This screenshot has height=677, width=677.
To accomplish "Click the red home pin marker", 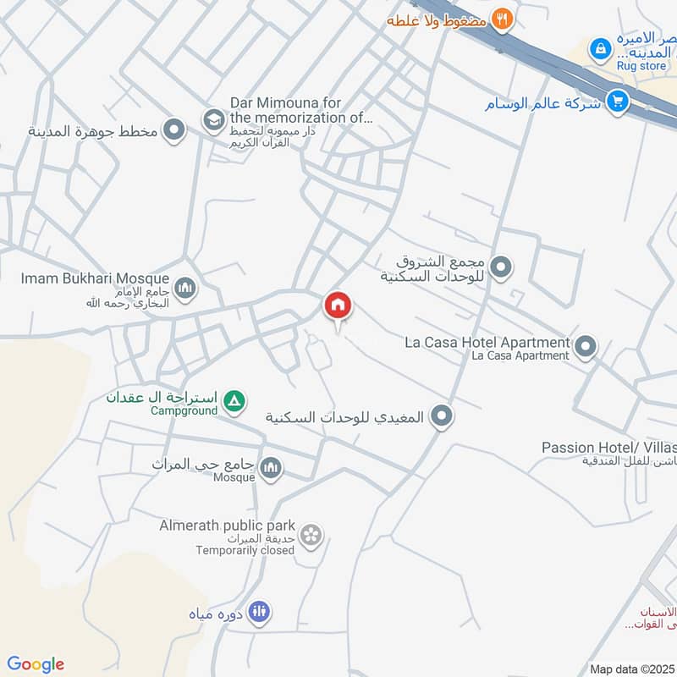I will (338, 306).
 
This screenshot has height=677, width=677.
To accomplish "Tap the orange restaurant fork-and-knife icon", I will (503, 19).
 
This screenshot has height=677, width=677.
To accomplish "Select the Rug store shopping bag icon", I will (600, 48).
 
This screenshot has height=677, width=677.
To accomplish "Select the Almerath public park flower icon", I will (311, 534).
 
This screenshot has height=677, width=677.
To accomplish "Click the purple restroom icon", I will (261, 613).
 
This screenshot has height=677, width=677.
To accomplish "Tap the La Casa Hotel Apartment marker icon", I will (585, 346).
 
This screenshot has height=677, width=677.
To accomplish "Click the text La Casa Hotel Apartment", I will (487, 342).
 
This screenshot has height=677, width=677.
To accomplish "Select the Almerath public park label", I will (227, 526).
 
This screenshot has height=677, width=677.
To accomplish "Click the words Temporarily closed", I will (245, 550).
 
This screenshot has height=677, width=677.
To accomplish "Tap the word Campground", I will (184, 411).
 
